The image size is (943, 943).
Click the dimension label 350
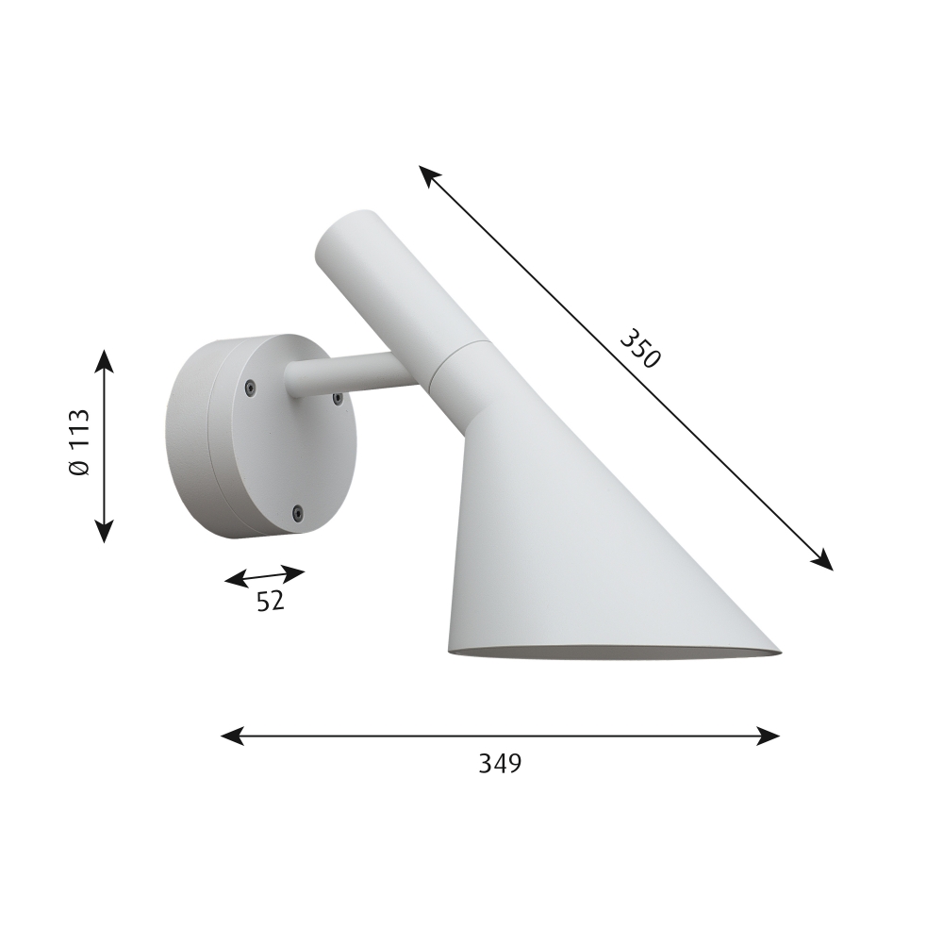point(640,348)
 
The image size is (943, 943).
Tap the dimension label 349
point(500,763)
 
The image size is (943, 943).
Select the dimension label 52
point(270,601)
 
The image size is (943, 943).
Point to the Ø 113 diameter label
point(79,442)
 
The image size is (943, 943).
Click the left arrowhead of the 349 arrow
point(232,736)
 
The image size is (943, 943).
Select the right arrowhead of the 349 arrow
point(769,736)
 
